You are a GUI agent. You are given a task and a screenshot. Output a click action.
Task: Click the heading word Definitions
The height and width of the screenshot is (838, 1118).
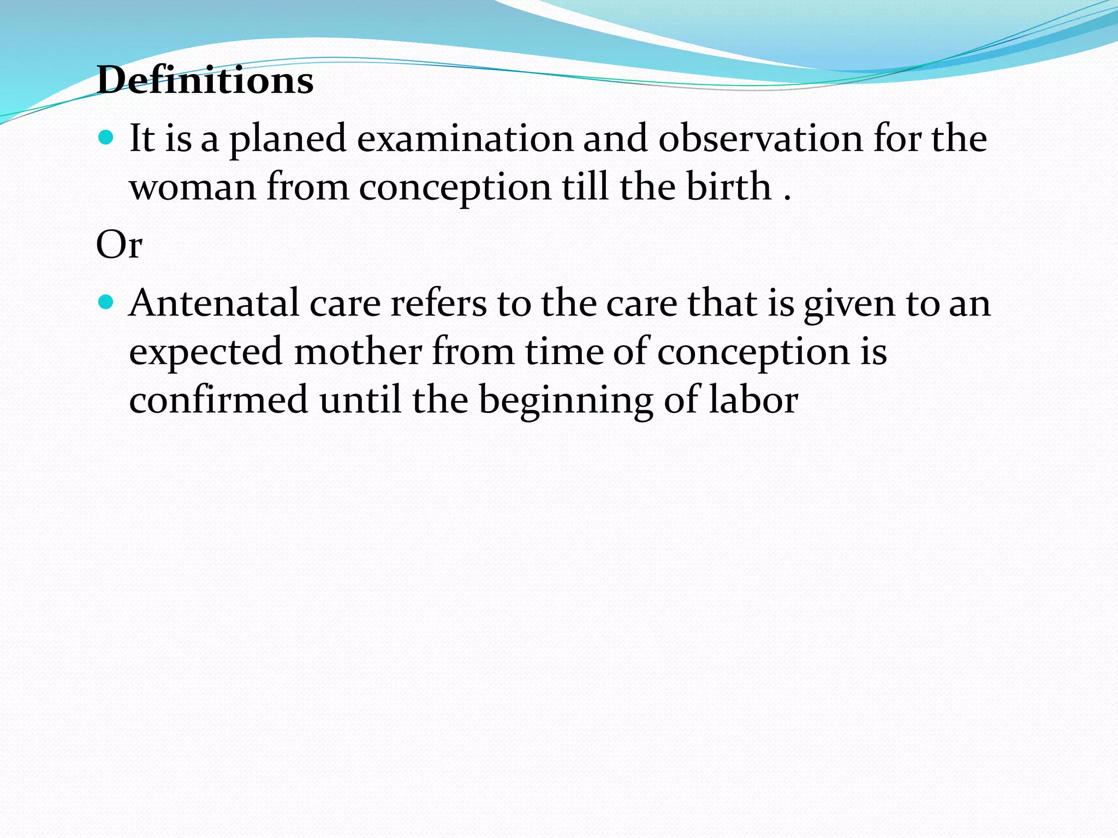[x=205, y=80]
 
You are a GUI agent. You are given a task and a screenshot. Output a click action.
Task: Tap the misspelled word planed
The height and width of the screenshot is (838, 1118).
[x=288, y=139]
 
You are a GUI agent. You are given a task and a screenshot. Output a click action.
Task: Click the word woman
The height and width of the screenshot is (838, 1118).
[x=193, y=187]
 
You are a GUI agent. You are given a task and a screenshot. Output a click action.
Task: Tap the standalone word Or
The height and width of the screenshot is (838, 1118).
[x=119, y=244]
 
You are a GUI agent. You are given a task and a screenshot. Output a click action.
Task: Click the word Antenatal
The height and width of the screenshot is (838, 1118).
[x=213, y=303]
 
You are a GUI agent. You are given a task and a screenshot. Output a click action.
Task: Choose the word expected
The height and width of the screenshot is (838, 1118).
[x=206, y=352]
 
